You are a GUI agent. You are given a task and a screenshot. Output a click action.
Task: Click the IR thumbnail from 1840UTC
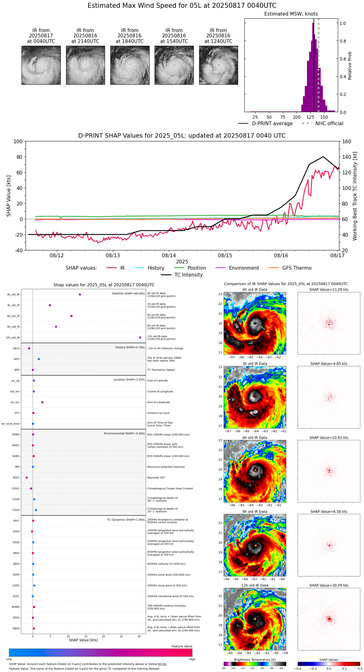[x=130, y=65]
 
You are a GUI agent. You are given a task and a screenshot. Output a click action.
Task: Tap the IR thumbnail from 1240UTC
[x=218, y=65]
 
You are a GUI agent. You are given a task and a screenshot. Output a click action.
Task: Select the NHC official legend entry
[x=329, y=124]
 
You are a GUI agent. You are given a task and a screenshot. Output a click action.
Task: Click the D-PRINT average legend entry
[x=272, y=124]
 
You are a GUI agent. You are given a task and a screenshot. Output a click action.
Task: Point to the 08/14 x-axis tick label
[x=169, y=256]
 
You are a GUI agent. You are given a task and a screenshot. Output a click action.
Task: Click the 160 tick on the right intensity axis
[x=347, y=142]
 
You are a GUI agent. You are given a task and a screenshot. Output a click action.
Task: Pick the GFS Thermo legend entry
[x=297, y=268]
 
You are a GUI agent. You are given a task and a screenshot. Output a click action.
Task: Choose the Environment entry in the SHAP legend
[x=244, y=268]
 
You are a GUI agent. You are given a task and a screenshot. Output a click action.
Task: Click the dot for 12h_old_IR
[x=140, y=338]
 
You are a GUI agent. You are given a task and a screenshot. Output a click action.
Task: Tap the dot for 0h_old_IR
[x=80, y=295]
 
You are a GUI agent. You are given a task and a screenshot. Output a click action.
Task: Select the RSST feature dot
[x=27, y=478]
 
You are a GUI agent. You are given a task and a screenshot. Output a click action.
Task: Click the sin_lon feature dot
[x=42, y=402]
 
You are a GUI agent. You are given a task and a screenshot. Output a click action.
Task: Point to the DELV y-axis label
[x=16, y=348]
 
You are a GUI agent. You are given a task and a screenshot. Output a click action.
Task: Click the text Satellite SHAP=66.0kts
[x=128, y=294]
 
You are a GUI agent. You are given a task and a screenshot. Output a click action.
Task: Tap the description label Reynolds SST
[x=156, y=478]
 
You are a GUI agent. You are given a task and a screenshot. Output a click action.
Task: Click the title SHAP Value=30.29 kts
[x=329, y=586]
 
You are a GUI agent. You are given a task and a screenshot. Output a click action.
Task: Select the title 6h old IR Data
[x=255, y=438]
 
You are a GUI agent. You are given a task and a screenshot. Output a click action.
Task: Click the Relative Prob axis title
[x=350, y=66]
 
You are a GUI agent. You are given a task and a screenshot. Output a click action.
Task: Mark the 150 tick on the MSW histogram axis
[x=324, y=117]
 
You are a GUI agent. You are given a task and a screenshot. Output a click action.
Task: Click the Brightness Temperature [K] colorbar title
[x=255, y=660]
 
